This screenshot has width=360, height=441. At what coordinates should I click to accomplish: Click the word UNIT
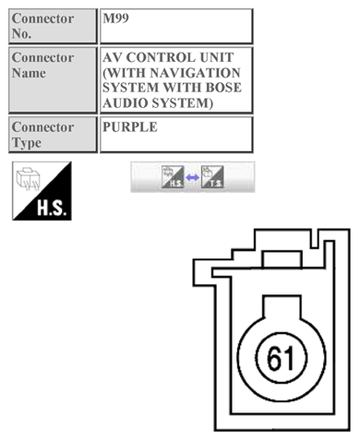[222, 57]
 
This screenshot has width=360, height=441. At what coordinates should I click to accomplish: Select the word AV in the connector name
[114, 57]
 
